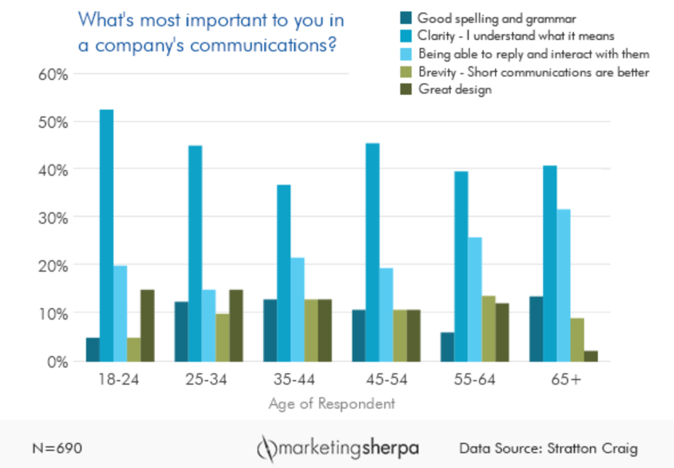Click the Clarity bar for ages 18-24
(x=106, y=236)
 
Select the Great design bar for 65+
(x=591, y=356)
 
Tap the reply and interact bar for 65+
(x=563, y=285)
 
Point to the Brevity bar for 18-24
(x=134, y=349)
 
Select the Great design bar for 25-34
(x=236, y=325)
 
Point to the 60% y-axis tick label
(x=50, y=74)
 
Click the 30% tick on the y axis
(x=50, y=217)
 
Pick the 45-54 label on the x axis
(x=386, y=380)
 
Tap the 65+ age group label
(x=564, y=380)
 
